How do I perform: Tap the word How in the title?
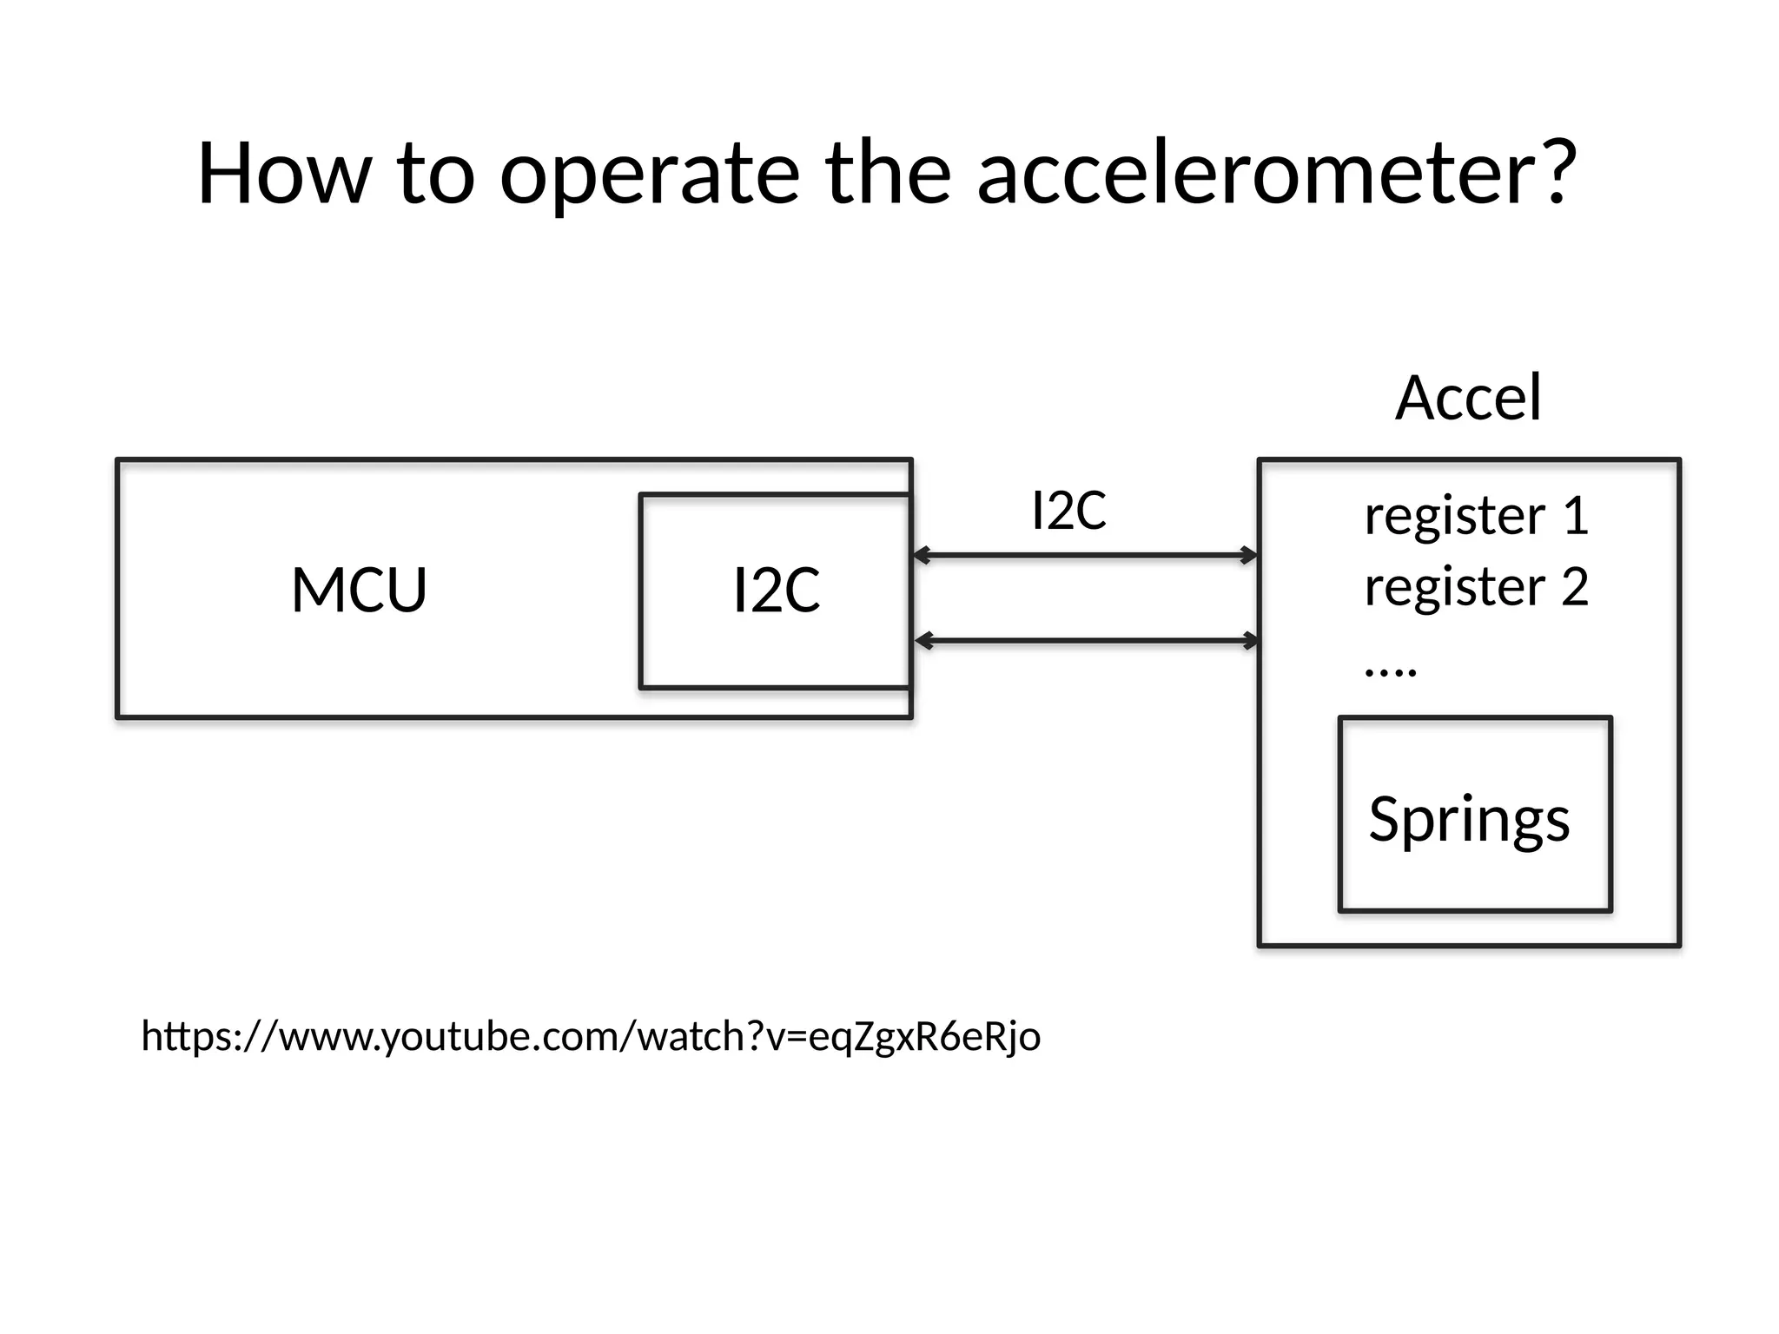(285, 173)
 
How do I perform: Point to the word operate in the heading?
(650, 178)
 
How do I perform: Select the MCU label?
(359, 591)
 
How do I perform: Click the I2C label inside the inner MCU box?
(777, 591)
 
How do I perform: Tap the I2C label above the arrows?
(1068, 511)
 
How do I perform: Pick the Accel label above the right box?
(1469, 398)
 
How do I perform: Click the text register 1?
(1476, 517)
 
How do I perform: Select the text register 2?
(1476, 588)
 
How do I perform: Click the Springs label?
(1470, 819)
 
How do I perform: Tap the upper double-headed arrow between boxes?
(1085, 555)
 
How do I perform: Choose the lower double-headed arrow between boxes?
(1087, 641)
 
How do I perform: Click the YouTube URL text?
(591, 1037)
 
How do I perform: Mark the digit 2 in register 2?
(1575, 587)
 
